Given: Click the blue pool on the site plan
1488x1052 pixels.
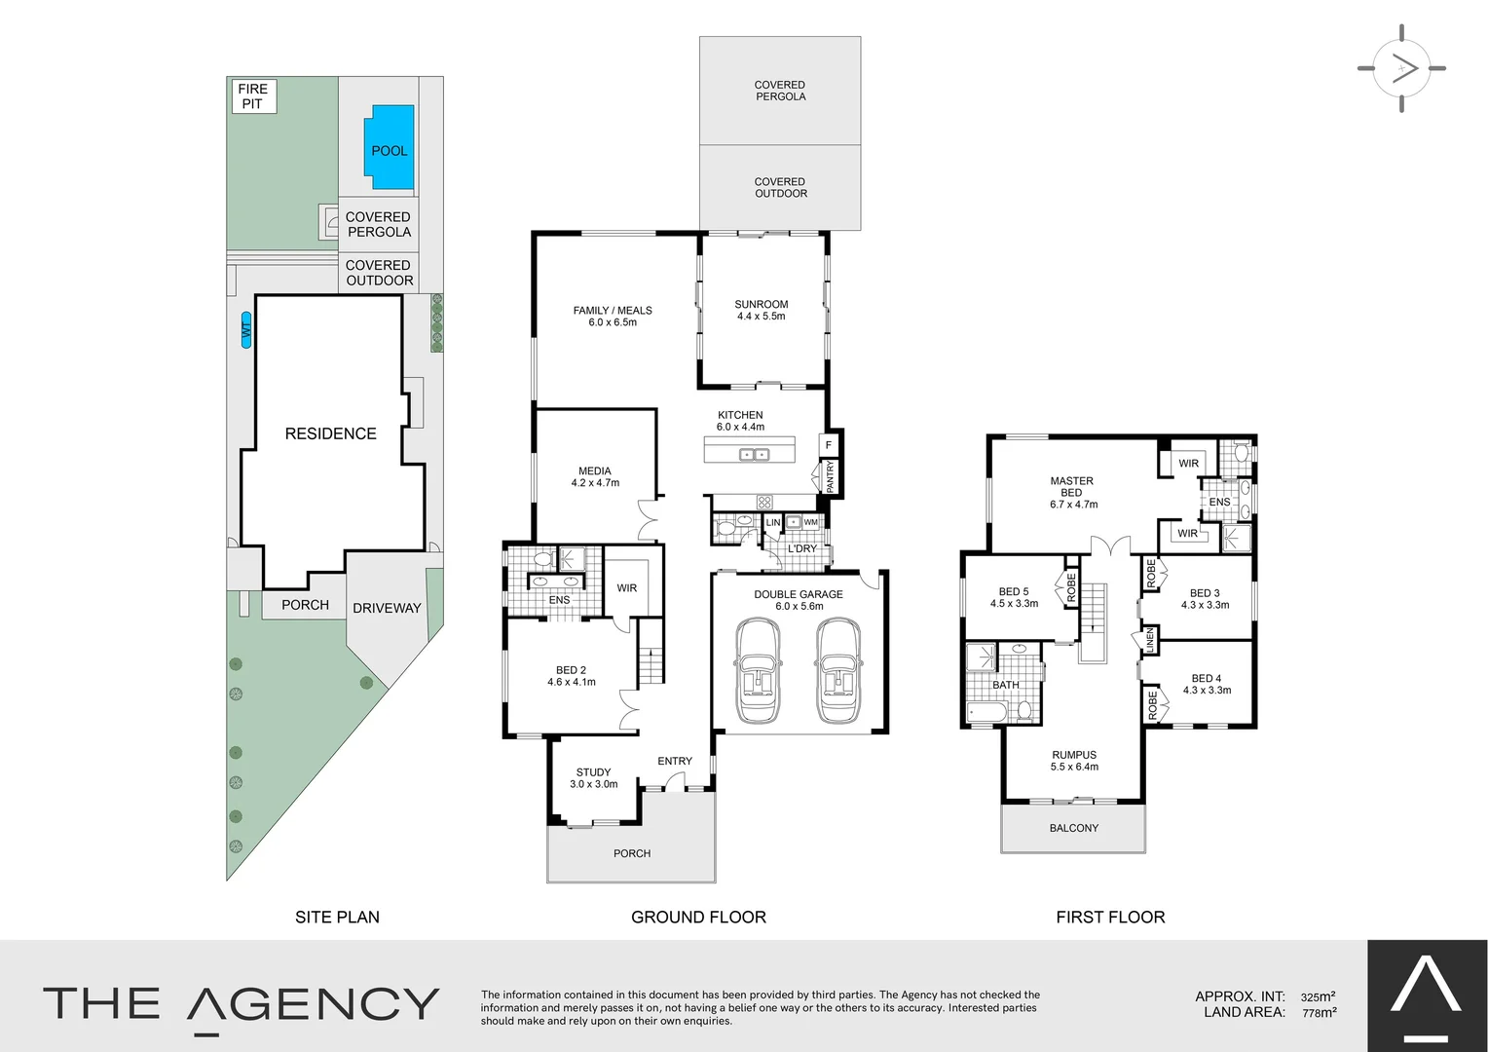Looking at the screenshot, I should [389, 148].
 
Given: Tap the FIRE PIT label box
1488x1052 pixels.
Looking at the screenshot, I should [253, 96].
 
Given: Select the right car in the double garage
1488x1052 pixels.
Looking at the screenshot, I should [839, 671].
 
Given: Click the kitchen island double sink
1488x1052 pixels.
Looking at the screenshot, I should [753, 454].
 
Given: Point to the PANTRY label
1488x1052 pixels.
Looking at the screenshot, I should [830, 476].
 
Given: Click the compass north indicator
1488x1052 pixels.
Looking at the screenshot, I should [1401, 68].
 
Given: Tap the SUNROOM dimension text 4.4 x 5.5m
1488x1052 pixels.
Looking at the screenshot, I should [761, 317].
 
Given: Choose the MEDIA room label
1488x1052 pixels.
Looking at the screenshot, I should [594, 471].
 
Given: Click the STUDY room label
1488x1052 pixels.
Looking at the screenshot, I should [593, 772].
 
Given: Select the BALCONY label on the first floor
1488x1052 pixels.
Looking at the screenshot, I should [1073, 828].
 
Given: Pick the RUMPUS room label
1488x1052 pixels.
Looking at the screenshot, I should [1073, 755].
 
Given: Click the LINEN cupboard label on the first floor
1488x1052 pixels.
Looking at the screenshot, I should [1150, 640].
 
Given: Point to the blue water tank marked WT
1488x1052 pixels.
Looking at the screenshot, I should [246, 330].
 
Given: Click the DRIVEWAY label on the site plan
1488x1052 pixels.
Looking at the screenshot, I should [387, 608].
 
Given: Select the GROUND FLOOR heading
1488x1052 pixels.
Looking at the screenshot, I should [698, 917].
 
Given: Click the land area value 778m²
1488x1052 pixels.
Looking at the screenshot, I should [1319, 1013].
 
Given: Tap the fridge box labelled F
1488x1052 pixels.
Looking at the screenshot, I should [829, 445].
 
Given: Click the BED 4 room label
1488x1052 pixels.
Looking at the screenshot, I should [1206, 679].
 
